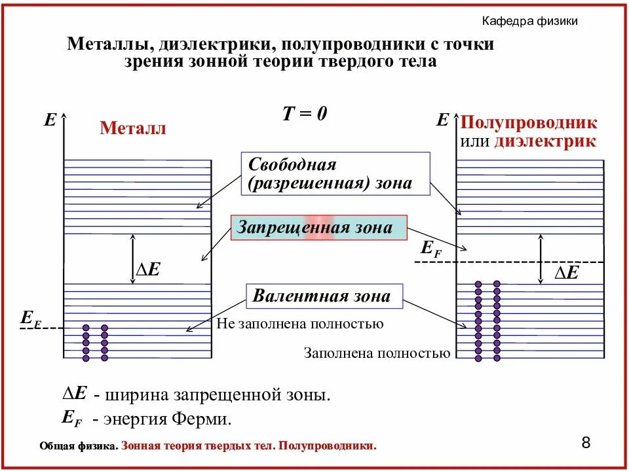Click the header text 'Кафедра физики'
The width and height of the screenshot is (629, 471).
[x=529, y=22]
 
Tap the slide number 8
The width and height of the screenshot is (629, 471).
[x=586, y=443]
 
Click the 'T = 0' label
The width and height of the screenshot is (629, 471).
[x=305, y=114]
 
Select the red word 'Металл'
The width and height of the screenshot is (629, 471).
[x=133, y=128]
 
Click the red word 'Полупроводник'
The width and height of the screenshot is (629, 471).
[x=529, y=122]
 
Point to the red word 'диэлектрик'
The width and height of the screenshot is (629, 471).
[x=545, y=141]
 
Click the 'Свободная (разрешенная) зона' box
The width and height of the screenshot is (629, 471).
[x=335, y=174]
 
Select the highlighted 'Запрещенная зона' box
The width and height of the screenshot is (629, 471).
[x=318, y=228]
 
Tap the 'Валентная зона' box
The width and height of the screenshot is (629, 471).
[x=324, y=296]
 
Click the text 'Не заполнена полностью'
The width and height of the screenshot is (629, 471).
[x=299, y=324]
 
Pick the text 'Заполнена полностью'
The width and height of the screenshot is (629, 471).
[x=377, y=354]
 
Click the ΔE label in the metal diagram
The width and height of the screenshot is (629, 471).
[x=147, y=269]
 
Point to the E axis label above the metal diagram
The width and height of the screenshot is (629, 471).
[x=50, y=120]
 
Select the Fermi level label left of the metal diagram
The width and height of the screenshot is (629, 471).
[x=31, y=319]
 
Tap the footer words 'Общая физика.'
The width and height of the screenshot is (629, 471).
[x=79, y=446]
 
